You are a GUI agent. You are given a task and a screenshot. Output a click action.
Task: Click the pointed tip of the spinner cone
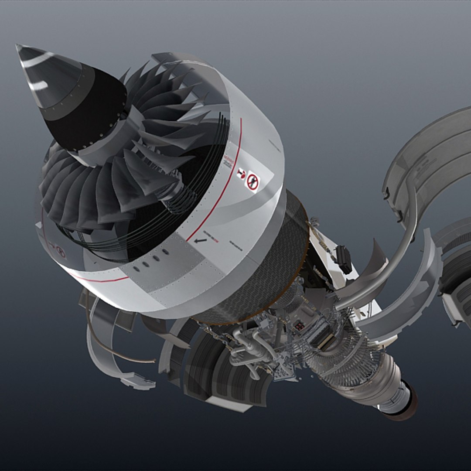click(17, 46)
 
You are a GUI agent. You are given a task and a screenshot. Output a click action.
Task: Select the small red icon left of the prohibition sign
click(240, 174)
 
